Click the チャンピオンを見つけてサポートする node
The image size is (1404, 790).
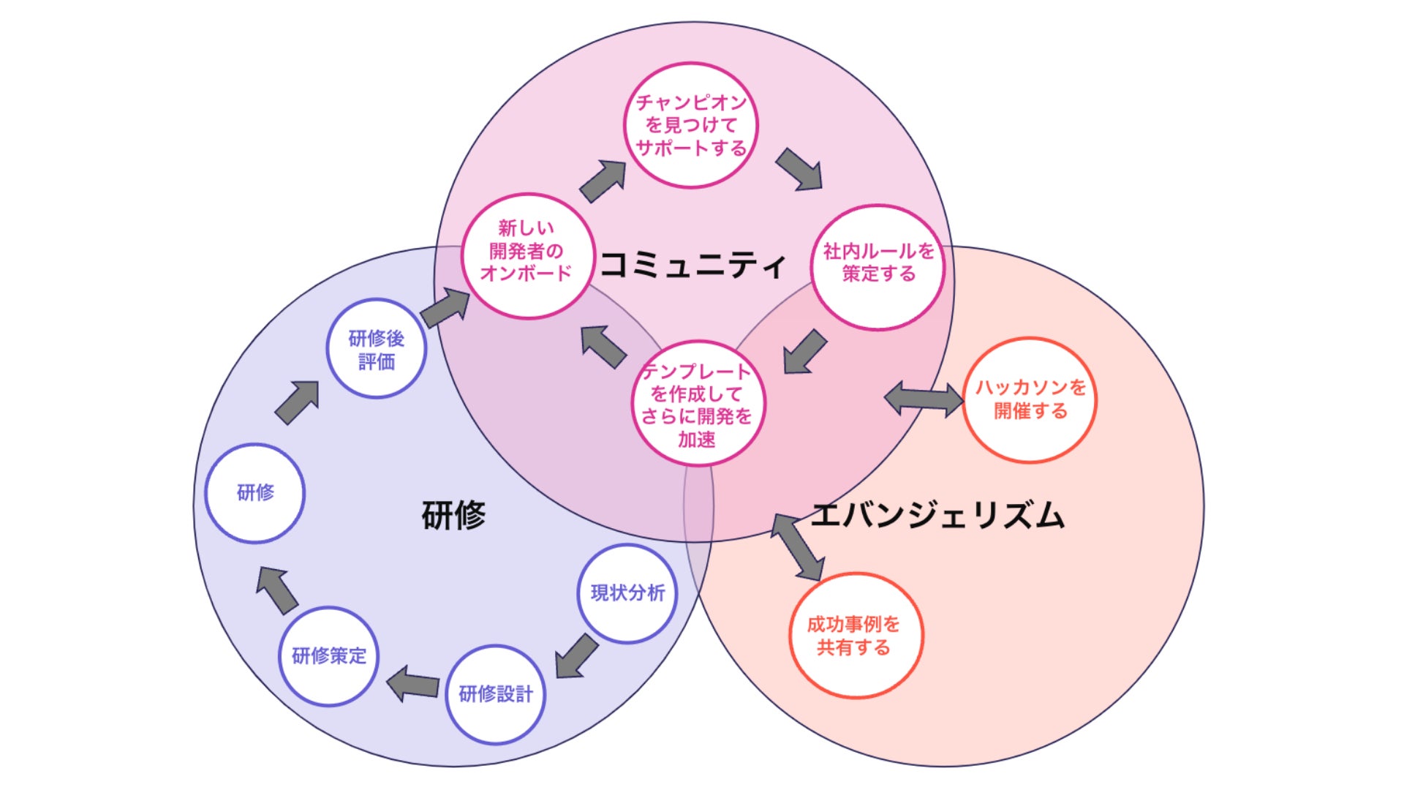pos(691,125)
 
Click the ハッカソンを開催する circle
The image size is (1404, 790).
pos(1030,399)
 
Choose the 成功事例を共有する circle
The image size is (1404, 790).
pos(855,635)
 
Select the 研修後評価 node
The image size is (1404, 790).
pos(377,349)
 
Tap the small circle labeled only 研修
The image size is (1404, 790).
pos(255,493)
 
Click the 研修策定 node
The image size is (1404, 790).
pos(329,656)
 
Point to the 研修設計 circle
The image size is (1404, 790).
pos(496,694)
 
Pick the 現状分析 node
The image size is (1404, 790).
pos(627,593)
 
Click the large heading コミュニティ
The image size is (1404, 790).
pos(692,264)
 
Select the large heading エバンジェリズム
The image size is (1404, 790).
pos(937,515)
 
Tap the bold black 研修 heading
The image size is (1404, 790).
pos(453,515)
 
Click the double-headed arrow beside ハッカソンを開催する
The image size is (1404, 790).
pos(924,399)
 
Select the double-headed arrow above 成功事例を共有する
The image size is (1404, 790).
pos(798,547)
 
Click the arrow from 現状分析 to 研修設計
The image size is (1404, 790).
pos(576,655)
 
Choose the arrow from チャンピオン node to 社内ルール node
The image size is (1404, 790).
pos(799,169)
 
